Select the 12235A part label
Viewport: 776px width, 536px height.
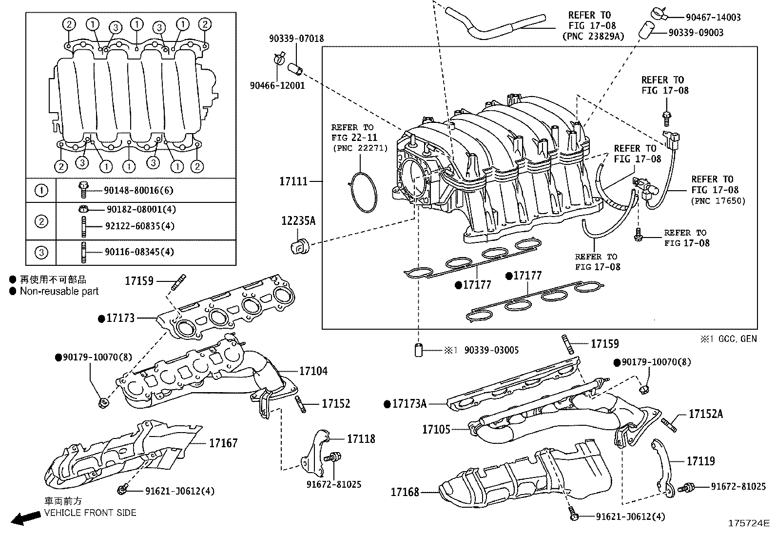298,221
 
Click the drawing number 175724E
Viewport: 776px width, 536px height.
748,523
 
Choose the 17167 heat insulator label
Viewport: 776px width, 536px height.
223,443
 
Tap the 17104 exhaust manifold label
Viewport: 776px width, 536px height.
313,371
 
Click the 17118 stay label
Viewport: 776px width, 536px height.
361,438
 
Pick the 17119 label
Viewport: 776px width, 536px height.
700,461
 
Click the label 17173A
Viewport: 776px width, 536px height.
409,404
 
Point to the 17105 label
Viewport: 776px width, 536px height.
436,430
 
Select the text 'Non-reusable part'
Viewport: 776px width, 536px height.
59,291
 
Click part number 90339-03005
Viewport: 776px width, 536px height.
491,350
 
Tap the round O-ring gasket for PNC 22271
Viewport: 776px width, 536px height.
363,193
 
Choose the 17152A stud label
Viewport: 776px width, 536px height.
705,414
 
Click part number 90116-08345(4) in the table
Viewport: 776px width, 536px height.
139,252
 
